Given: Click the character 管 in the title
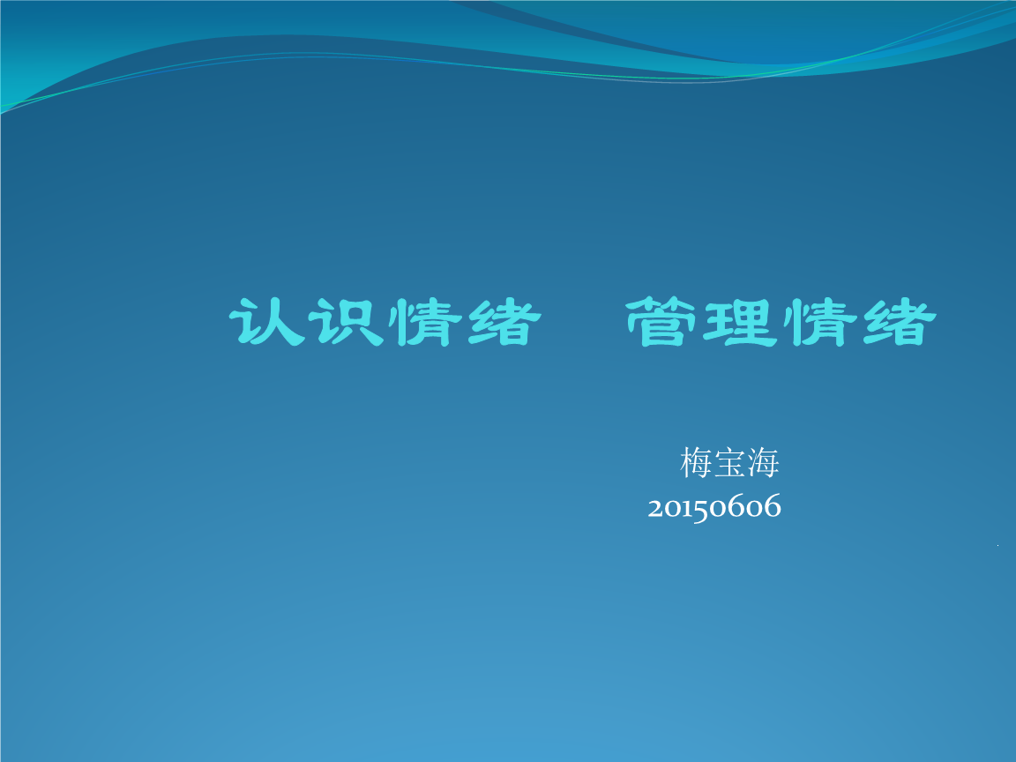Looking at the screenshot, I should pos(661,323).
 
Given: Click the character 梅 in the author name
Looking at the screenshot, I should pos(697,462).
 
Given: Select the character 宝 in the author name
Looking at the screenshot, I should pos(731,462).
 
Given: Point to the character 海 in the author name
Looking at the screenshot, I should pos(764,462).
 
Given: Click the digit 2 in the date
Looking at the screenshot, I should pos(655,508).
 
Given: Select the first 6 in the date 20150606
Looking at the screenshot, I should pos(736,507).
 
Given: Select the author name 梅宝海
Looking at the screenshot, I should pos(730,462).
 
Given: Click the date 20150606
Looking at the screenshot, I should pos(714,508).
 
